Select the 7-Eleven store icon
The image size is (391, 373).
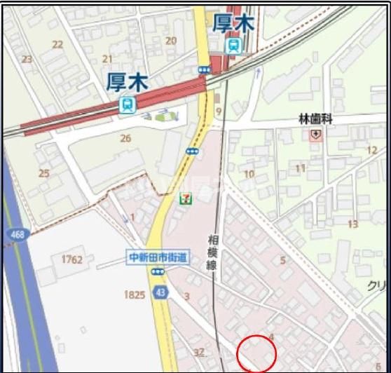pos(186,199)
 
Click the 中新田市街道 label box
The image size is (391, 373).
pos(158,257)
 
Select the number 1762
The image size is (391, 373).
pos(72,260)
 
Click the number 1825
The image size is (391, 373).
pos(135,294)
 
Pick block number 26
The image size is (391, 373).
pos(125,138)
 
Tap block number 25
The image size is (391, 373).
pos(44,173)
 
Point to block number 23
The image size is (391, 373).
pos(27,59)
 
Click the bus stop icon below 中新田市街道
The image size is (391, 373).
pos(158,271)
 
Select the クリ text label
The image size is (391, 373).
pos(376,286)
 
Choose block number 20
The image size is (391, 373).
pos(170,41)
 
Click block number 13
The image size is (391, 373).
pos(352,224)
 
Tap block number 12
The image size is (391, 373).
pos(371,151)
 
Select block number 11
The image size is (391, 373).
pos(301,168)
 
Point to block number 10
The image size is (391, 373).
pos(249,174)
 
